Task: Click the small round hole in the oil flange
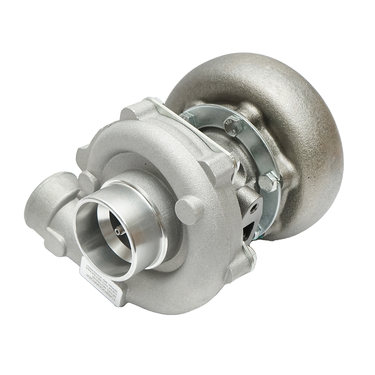click(255, 207)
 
